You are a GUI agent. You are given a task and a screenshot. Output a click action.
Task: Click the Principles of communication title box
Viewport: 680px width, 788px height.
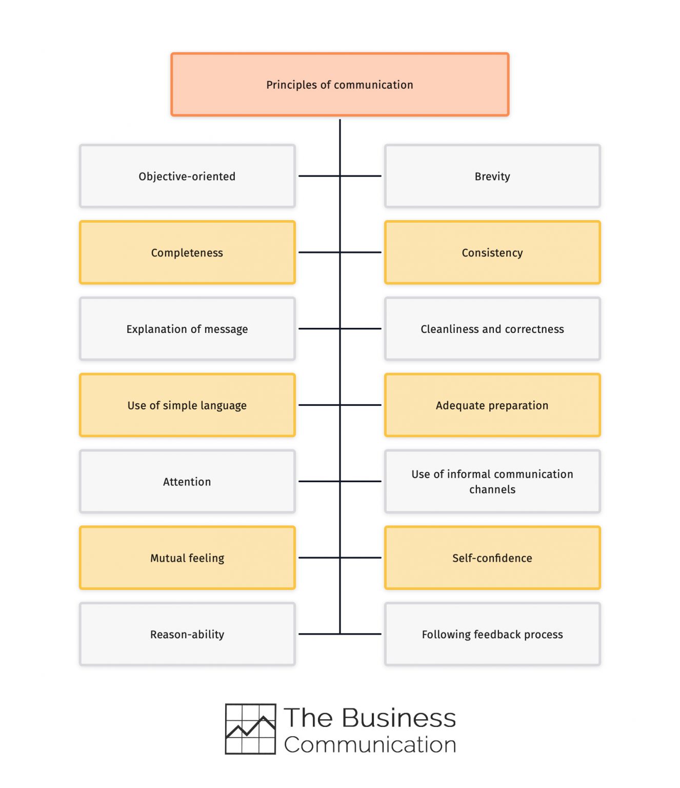point(339,85)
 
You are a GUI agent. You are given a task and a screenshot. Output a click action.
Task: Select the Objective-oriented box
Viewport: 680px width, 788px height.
point(187,176)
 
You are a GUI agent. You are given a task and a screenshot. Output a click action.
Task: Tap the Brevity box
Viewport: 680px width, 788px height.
point(492,176)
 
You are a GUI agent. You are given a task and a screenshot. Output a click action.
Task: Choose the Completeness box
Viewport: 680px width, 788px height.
point(187,252)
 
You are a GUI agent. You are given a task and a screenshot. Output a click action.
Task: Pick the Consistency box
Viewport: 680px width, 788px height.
point(492,252)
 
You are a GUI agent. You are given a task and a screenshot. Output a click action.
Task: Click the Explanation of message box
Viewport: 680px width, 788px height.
point(187,329)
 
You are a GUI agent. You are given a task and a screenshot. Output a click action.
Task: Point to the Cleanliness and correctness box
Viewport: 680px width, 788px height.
point(492,329)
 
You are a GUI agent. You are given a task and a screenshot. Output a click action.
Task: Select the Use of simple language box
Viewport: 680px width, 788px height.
point(187,405)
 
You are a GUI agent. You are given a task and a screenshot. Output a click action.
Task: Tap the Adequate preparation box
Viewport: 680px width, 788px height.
point(492,405)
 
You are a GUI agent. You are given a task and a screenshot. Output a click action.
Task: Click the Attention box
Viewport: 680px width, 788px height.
point(187,481)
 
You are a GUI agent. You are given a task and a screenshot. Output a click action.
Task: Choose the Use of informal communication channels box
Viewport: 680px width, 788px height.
point(492,481)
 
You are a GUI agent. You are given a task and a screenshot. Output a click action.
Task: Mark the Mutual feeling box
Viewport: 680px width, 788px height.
point(187,558)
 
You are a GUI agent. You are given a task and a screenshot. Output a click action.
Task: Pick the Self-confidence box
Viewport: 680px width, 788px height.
point(492,558)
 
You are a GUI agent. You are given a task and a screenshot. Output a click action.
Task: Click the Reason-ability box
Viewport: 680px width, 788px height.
point(187,634)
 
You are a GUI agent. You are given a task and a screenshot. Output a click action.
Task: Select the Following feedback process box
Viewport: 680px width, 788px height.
point(492,634)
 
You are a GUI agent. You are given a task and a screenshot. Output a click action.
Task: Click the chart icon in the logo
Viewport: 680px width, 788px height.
point(251,729)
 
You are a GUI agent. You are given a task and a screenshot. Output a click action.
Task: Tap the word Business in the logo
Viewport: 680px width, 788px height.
point(398,718)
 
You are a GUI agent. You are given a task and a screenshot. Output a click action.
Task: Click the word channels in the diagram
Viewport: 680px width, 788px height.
point(492,489)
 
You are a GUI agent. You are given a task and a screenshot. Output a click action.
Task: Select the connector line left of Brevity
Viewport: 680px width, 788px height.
point(362,176)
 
